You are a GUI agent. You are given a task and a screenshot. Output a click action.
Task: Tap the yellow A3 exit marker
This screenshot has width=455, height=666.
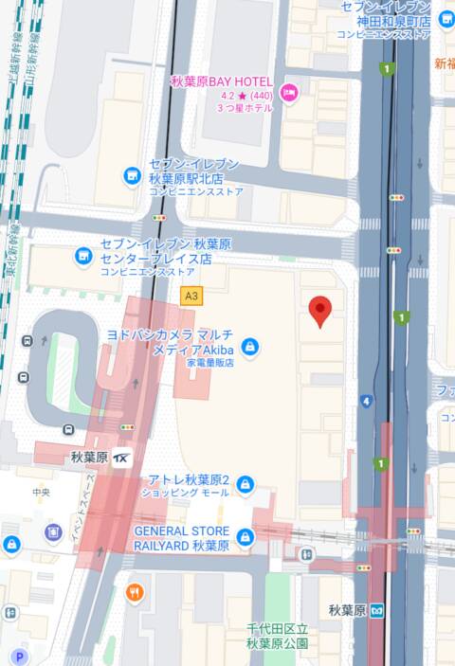point(191,296)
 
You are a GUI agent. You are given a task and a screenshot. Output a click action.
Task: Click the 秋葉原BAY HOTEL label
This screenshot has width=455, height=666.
point(222,81)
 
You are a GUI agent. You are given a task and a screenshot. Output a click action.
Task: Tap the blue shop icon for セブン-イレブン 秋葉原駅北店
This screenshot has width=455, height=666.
point(133,176)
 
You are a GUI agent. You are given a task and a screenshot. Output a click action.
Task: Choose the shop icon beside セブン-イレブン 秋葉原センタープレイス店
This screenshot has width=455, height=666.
point(84,256)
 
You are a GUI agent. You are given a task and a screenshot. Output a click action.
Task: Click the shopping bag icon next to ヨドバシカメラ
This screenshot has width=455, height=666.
point(249,348)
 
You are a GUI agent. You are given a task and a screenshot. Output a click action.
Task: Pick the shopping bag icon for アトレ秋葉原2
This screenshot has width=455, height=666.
point(246,486)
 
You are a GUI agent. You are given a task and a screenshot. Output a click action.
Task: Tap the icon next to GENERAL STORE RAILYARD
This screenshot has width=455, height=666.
point(246,538)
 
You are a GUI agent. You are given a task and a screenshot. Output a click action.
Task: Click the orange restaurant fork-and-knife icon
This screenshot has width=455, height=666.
point(136,593)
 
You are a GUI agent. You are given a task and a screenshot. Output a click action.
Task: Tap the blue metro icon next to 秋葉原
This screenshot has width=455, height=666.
point(377,609)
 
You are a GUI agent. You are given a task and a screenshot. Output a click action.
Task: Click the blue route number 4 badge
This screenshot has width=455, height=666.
point(366,401)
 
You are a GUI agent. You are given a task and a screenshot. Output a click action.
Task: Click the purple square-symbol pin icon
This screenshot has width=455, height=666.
point(53,531)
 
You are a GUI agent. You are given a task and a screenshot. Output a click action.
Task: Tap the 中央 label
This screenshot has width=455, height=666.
point(40,492)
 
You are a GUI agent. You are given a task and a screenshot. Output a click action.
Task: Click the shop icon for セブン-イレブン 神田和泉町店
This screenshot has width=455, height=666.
point(446,21)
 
